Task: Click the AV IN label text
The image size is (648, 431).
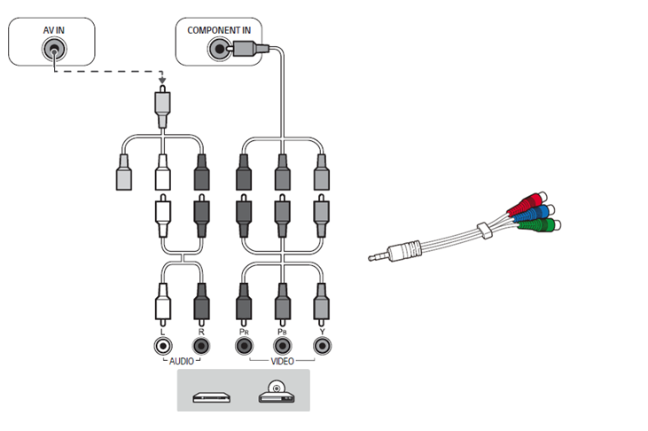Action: click(x=54, y=30)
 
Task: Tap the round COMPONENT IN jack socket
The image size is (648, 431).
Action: click(x=216, y=50)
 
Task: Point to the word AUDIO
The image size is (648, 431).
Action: click(x=181, y=362)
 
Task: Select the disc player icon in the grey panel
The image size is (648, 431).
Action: click(x=275, y=392)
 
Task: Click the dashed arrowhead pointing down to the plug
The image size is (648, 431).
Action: click(x=161, y=85)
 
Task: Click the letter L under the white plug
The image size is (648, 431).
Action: click(x=161, y=330)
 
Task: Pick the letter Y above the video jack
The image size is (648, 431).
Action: click(x=322, y=330)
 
